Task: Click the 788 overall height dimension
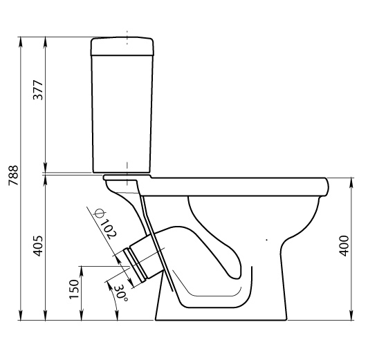pyautogui.click(x=13, y=176)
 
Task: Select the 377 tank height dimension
pyautogui.click(x=38, y=90)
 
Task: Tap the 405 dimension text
pyautogui.click(x=38, y=246)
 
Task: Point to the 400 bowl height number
pyautogui.click(x=344, y=246)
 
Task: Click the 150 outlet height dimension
pyautogui.click(x=74, y=289)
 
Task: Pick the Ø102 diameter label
pyautogui.click(x=105, y=224)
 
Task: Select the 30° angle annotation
pyautogui.click(x=122, y=293)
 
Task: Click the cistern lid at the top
pyautogui.click(x=122, y=46)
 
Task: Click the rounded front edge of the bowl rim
pyautogui.click(x=326, y=187)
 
